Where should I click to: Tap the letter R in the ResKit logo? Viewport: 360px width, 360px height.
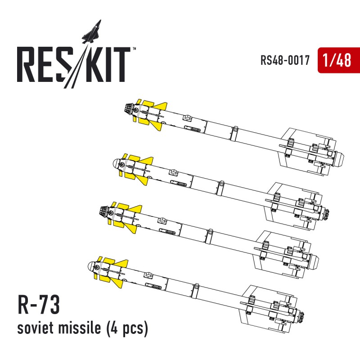point(27,64)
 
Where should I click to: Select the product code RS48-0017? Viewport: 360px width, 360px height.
point(285,60)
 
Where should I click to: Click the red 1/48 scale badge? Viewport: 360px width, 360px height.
point(339,60)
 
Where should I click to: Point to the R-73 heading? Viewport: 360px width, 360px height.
point(39,305)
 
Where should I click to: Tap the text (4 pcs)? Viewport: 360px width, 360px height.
point(127,328)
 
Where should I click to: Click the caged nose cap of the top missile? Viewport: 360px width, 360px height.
point(129,108)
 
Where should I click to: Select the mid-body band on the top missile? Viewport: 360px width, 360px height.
point(234,133)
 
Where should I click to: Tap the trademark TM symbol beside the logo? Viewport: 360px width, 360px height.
point(134,49)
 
